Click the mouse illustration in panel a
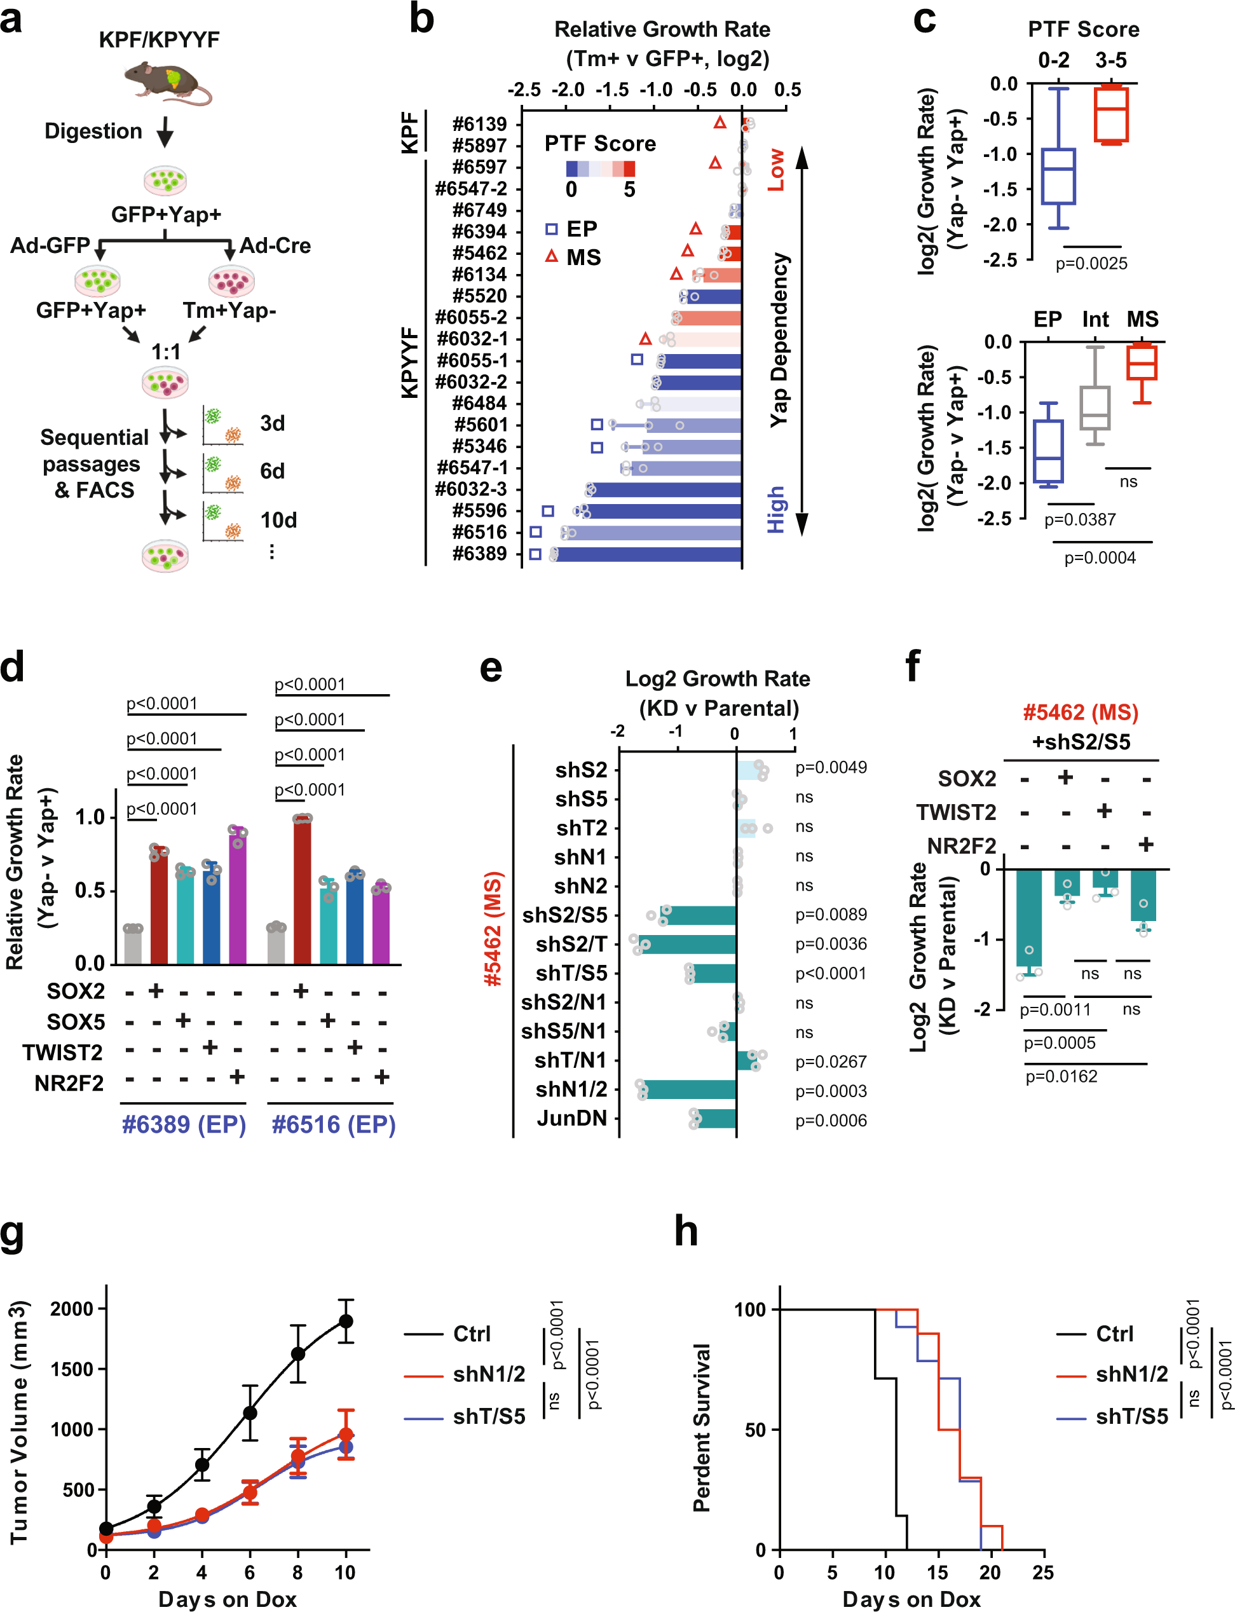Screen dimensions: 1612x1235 (x=166, y=81)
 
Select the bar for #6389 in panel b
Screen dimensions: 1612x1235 (x=647, y=554)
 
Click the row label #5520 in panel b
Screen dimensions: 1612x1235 (x=479, y=296)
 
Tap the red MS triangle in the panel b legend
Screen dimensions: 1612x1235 (x=551, y=257)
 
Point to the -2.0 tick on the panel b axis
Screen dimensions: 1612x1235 (x=568, y=90)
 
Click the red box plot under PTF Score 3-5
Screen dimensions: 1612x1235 (x=1111, y=114)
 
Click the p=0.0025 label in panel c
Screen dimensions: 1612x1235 (x=1091, y=264)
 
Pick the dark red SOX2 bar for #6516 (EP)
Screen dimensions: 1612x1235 (x=301, y=889)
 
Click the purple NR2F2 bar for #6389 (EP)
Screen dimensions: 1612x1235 (x=238, y=897)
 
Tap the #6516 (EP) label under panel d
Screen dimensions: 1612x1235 (x=334, y=1124)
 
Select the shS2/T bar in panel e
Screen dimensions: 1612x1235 (x=686, y=945)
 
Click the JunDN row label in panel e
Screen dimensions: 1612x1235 (x=572, y=1118)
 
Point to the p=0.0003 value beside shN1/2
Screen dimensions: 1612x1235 (x=831, y=1091)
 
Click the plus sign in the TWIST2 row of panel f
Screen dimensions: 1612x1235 (x=1104, y=811)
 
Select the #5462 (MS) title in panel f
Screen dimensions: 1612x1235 (x=1081, y=713)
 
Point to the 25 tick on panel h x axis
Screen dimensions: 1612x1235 (x=1042, y=1573)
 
